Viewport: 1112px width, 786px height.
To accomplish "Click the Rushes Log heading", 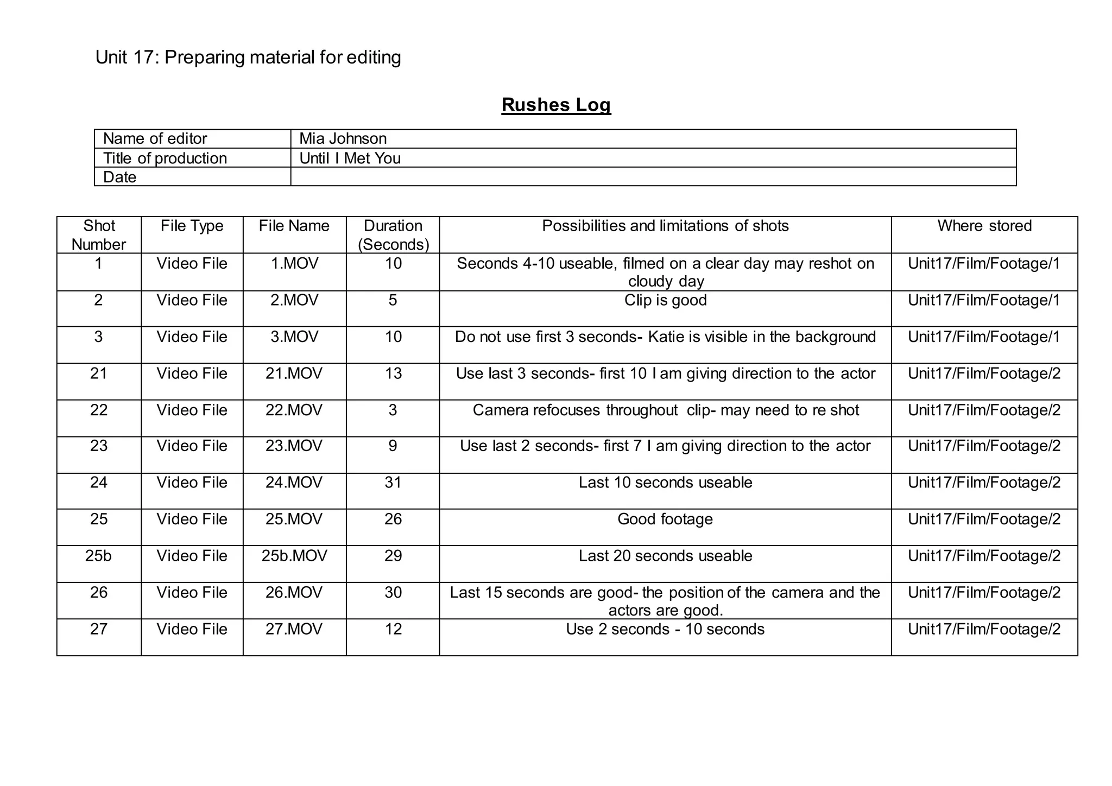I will [x=556, y=105].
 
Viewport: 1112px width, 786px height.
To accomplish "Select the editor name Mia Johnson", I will [x=343, y=139].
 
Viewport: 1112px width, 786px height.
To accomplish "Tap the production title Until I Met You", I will [x=350, y=159].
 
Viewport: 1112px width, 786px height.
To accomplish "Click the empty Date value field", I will [x=653, y=177].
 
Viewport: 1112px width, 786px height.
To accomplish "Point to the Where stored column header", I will [x=984, y=226].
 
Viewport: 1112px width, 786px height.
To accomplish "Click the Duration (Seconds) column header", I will [x=393, y=235].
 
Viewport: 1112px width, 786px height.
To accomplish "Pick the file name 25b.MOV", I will [x=294, y=556].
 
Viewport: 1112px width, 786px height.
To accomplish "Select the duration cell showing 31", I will [x=393, y=483].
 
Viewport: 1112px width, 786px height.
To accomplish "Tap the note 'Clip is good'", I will [x=665, y=301].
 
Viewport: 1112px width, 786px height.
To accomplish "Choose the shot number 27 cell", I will [x=98, y=630].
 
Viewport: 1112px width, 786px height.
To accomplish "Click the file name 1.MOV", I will [x=294, y=264].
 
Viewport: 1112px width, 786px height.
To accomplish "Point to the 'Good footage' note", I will [x=665, y=519].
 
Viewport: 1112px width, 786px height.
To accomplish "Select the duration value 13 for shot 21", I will [x=393, y=374].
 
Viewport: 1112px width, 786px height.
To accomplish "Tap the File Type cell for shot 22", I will [x=192, y=410].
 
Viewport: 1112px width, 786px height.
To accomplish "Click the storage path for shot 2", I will [x=984, y=301].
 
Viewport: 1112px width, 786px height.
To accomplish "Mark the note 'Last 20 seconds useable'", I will [x=665, y=556].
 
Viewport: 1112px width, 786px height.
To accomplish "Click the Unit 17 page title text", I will [x=248, y=58].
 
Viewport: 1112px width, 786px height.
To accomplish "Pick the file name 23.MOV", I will [x=294, y=446].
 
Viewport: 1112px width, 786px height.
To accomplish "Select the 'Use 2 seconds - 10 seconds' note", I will [x=665, y=630].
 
